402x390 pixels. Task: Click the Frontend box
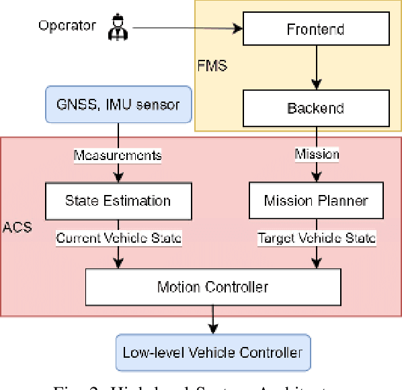[315, 30]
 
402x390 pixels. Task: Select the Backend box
[315, 108]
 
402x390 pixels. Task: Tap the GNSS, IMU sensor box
[118, 105]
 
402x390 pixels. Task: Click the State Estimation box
[118, 200]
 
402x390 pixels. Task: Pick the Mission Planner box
[315, 200]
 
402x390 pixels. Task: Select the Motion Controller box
[212, 287]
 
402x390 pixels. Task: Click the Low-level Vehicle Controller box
[212, 352]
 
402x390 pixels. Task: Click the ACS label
[17, 227]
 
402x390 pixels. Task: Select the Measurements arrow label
[118, 155]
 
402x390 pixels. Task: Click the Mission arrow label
[317, 154]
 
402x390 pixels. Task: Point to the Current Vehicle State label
[119, 238]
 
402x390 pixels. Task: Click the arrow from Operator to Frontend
[182, 29]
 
